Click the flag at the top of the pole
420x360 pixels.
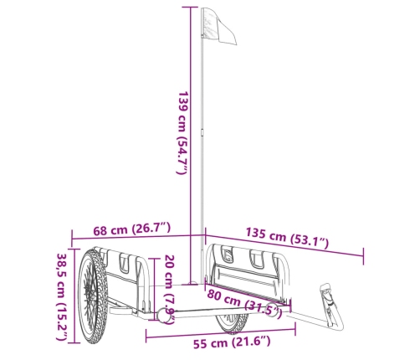(219, 26)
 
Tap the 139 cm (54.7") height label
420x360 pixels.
(183, 132)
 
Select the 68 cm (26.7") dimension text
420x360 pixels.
(131, 229)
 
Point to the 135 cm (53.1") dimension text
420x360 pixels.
(287, 238)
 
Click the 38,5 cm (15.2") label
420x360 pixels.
(62, 296)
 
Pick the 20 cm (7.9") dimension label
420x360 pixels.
(169, 289)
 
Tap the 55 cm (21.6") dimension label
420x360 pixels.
(232, 342)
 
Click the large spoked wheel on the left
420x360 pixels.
(93, 296)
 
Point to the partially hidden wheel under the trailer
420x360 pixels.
(232, 323)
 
